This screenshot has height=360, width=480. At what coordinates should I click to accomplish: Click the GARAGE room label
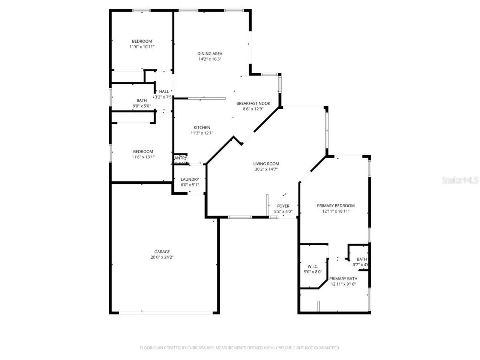tap(162, 252)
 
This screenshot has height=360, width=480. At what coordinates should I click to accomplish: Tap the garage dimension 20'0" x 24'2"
tap(162, 257)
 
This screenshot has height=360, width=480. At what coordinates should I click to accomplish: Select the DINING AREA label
tap(210, 54)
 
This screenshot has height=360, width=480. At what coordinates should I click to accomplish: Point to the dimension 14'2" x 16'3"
tap(210, 59)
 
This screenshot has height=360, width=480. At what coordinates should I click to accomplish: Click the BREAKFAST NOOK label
tap(253, 103)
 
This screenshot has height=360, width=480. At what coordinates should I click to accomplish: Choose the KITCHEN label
tap(202, 127)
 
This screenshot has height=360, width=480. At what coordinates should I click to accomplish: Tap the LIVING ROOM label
tap(266, 164)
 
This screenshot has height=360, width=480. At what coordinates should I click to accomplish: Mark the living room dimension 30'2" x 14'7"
tap(266, 169)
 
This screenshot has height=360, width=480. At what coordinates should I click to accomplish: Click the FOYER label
tap(283, 206)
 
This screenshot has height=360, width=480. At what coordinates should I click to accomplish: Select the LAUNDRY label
tap(190, 180)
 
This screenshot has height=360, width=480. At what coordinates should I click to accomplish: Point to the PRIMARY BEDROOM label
tap(336, 206)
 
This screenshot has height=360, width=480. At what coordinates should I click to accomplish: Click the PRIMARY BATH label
tap(343, 279)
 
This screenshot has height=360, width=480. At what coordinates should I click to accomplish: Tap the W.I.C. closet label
tap(313, 266)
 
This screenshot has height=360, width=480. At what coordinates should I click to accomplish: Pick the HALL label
tap(164, 91)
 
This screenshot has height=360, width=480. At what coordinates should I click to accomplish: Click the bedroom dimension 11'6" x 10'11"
tap(142, 47)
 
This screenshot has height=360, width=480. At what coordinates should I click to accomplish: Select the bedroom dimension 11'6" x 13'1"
tap(143, 157)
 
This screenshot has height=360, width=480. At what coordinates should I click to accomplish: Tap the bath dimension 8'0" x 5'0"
tap(141, 106)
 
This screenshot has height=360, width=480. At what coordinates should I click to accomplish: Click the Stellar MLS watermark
tap(460, 180)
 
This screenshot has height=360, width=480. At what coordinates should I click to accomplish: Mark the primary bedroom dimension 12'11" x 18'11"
tap(336, 211)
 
